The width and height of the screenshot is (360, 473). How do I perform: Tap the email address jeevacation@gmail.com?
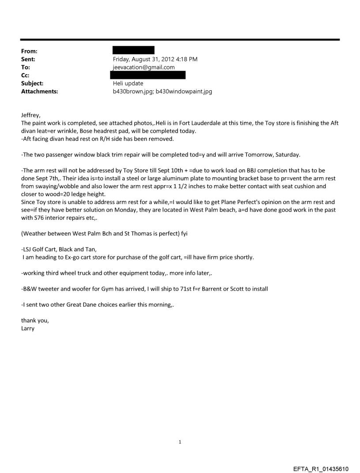tap(144, 67)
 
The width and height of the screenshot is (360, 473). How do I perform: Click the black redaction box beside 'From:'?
tap(134, 50)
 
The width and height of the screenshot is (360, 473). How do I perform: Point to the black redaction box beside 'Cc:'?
tap(149, 75)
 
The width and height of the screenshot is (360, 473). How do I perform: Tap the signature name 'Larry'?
tap(28, 328)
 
